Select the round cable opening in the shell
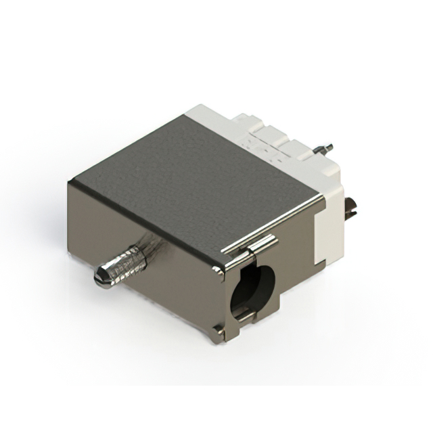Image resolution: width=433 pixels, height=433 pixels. tap(252, 292)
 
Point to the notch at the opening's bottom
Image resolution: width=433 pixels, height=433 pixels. tap(246, 315)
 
